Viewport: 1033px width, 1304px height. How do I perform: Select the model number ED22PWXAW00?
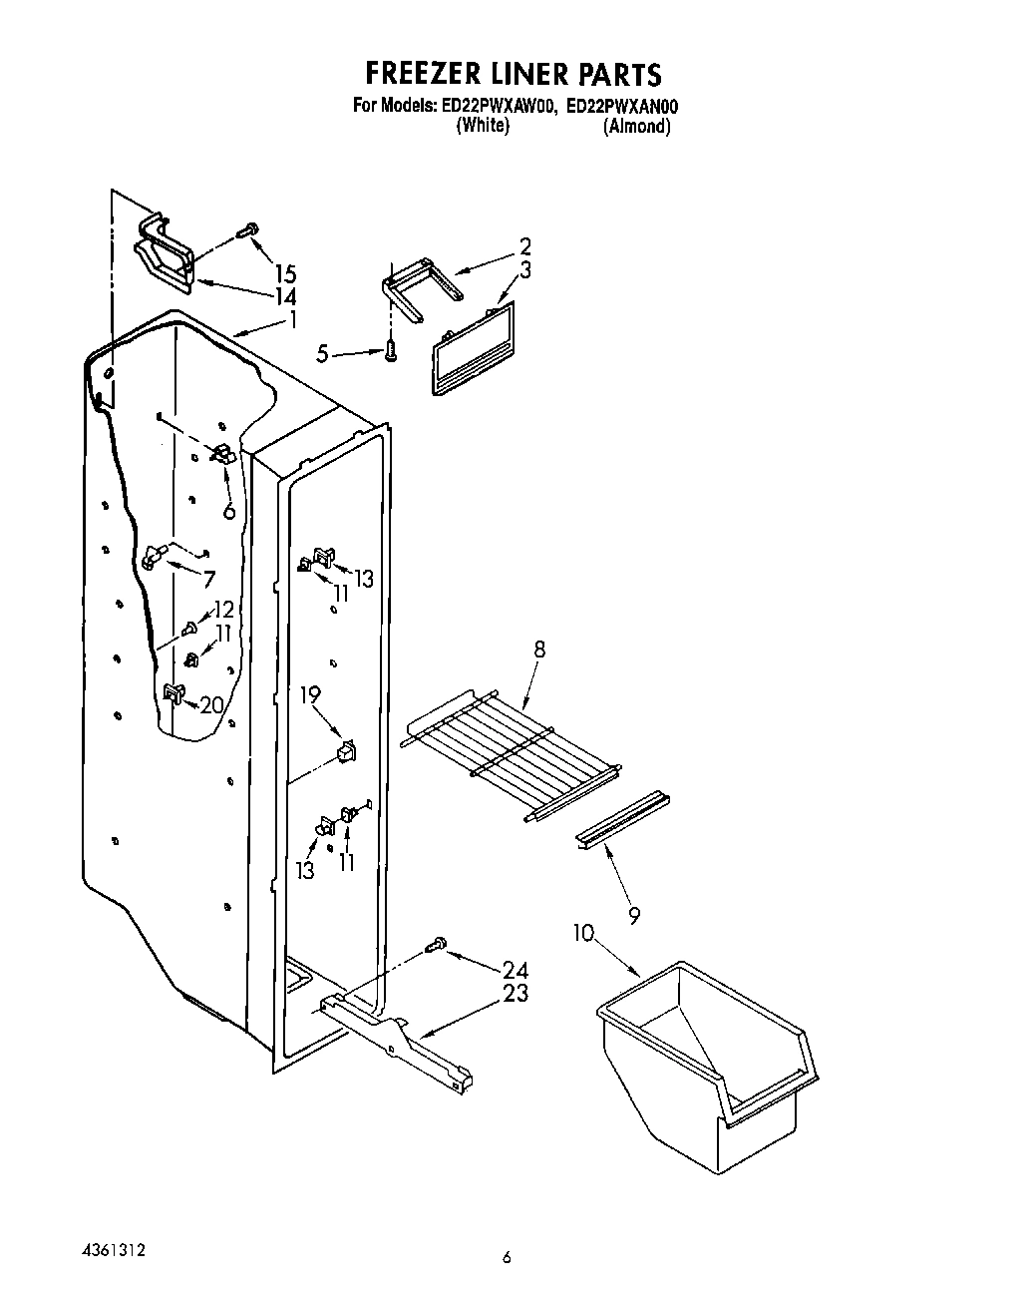(x=496, y=106)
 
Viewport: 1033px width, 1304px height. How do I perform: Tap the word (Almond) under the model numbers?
(x=636, y=127)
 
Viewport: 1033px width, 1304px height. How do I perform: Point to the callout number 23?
(x=516, y=994)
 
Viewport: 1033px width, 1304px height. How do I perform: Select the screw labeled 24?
(x=435, y=945)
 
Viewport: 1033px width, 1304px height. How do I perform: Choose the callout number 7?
(x=208, y=580)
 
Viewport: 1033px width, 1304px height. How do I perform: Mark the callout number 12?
(x=223, y=610)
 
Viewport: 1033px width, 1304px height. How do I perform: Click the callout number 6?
(x=229, y=511)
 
